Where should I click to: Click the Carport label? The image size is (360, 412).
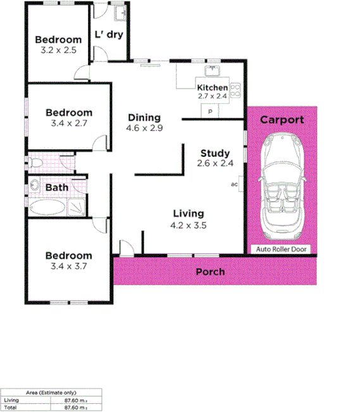282,120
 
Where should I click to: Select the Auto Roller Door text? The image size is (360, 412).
282,249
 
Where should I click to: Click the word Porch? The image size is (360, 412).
209,272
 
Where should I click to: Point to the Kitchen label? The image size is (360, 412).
212,87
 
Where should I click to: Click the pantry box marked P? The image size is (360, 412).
209,111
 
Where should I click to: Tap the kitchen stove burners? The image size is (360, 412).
236,90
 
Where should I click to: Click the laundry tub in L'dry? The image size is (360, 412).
118,13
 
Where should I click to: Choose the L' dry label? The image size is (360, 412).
108,35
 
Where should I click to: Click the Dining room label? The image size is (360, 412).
144,117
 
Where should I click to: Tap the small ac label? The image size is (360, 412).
234,185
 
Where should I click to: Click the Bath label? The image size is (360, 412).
56,188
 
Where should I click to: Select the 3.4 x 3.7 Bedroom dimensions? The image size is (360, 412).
68,266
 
